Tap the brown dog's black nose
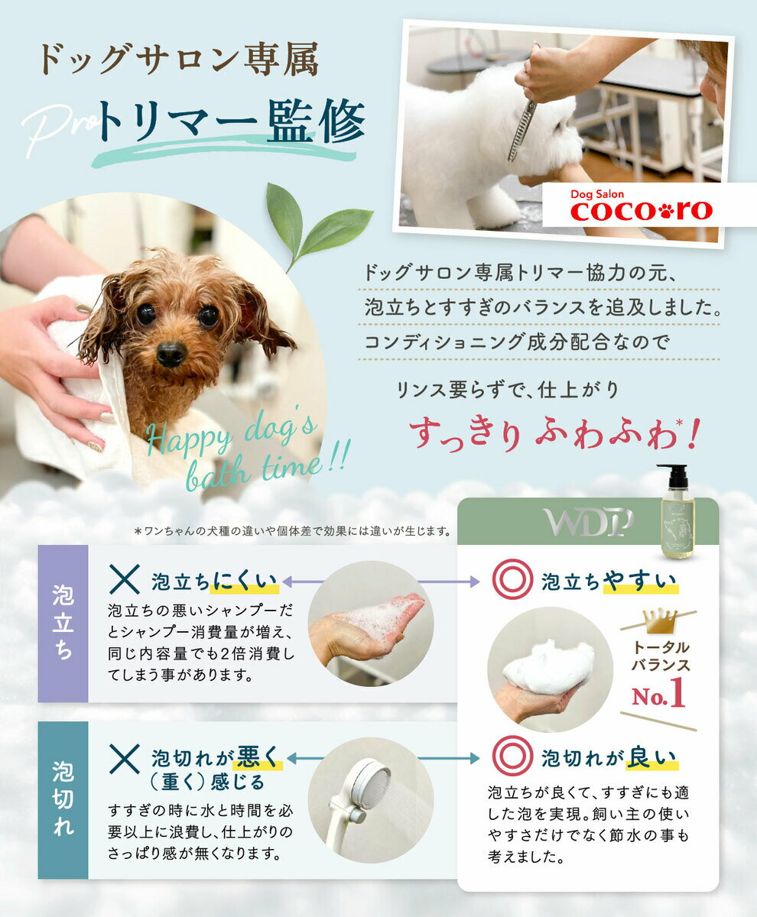click(x=171, y=352)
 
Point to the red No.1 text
click(x=658, y=695)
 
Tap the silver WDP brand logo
click(x=589, y=522)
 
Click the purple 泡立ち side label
click(x=63, y=623)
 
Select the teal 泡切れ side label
click(x=63, y=799)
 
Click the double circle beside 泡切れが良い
click(x=511, y=756)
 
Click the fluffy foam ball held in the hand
click(x=548, y=667)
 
